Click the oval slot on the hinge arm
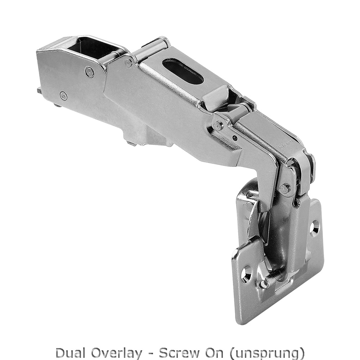coord(183,71)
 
